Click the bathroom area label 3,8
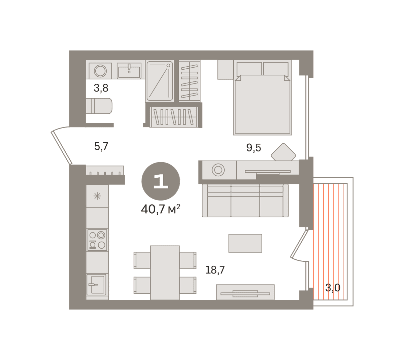(x=101, y=88)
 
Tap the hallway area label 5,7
(x=101, y=146)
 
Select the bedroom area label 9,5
(x=254, y=148)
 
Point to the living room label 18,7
(x=215, y=270)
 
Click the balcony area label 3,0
(x=333, y=288)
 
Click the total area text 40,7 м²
(x=161, y=209)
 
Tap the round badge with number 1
(x=161, y=181)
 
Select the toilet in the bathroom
(x=99, y=106)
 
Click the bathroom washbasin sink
(x=129, y=71)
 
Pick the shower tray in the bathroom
(x=160, y=81)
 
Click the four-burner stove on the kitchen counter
(x=97, y=240)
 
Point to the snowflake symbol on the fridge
(x=97, y=196)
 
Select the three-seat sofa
(x=245, y=201)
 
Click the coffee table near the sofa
(x=245, y=243)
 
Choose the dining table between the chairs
(x=165, y=273)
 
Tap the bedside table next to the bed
(x=225, y=70)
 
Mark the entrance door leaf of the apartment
(x=61, y=148)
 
